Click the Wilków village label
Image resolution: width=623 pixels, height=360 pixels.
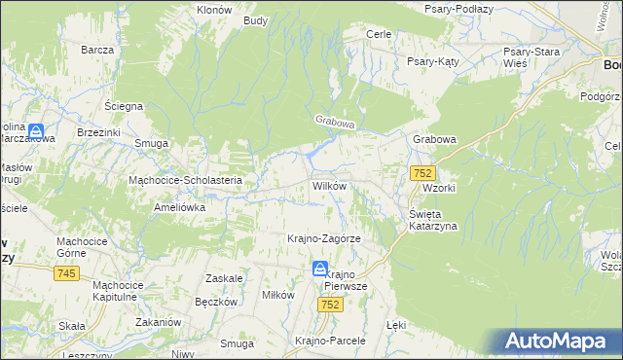tap(328, 185)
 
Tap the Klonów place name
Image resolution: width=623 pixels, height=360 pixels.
tap(213, 9)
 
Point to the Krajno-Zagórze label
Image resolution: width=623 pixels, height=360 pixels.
tap(324, 238)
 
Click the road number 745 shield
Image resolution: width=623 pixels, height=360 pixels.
tap(66, 274)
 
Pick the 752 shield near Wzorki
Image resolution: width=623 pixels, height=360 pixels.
tap(421, 172)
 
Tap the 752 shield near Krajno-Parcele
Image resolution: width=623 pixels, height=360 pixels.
tap(331, 305)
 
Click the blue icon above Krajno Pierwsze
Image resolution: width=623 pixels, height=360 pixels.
tap(320, 269)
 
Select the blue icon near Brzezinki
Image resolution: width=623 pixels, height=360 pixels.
tap(36, 131)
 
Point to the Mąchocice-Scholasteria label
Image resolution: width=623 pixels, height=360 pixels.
tap(192, 180)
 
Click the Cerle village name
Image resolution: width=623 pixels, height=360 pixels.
tap(379, 34)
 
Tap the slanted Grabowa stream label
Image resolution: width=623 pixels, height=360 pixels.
tap(336, 124)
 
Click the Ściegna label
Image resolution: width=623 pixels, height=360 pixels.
tap(124, 105)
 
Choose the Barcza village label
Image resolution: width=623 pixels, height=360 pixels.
tap(98, 50)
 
